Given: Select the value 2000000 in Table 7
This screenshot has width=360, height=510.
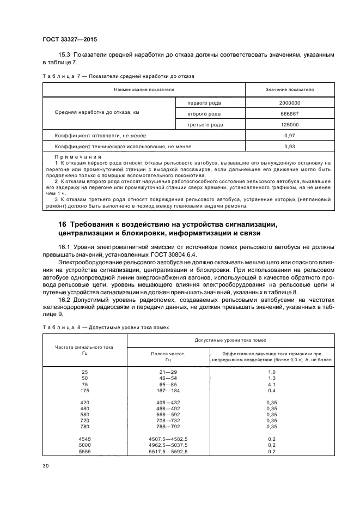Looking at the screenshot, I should [x=289, y=102].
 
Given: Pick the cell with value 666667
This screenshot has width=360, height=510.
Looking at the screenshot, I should [x=289, y=113].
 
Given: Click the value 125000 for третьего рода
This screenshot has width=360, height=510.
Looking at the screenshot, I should [x=289, y=124].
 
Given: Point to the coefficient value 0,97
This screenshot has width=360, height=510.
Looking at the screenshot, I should [x=289, y=135].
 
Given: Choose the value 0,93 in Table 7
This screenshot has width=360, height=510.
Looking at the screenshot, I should [x=289, y=146].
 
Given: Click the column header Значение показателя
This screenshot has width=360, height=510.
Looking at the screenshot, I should [x=289, y=89].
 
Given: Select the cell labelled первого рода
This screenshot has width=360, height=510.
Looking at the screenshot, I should [x=204, y=102].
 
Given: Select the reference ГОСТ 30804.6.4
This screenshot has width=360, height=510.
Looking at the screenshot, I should [x=177, y=254].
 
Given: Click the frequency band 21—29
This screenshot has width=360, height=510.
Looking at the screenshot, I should [x=168, y=371].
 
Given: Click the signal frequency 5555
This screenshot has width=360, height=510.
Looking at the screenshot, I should [x=84, y=451].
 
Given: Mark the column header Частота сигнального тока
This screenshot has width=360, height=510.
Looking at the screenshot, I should [x=84, y=347].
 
